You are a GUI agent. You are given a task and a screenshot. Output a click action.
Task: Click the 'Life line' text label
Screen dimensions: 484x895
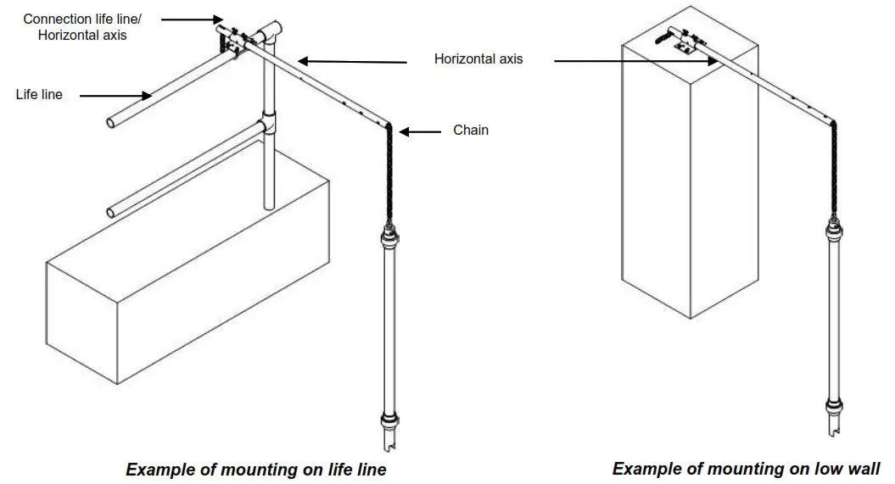tap(39, 95)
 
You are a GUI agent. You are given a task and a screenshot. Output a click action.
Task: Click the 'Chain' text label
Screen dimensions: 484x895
tap(471, 131)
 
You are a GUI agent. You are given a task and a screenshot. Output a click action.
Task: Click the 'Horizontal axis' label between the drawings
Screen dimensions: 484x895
tap(478, 59)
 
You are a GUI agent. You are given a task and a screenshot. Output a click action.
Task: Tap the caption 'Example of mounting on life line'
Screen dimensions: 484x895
tap(256, 470)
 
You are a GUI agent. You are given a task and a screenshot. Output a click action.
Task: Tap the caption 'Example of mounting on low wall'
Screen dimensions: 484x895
tap(746, 469)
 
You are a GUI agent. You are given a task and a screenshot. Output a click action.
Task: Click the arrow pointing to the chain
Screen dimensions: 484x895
tap(421, 131)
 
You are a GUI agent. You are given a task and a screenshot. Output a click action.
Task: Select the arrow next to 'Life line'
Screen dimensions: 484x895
tap(113, 95)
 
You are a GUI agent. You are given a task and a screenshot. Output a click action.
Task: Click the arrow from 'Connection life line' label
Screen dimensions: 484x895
tap(191, 18)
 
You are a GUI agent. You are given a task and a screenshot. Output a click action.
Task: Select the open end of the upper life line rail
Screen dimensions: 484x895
tap(112, 124)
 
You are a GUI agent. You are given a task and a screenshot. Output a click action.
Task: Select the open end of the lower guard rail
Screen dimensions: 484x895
tap(112, 211)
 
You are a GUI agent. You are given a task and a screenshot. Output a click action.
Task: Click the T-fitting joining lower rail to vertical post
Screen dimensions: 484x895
tap(267, 125)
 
